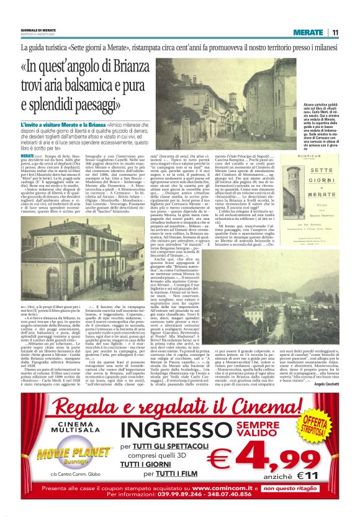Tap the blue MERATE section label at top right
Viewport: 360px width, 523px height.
pyautogui.click(x=308, y=32)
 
